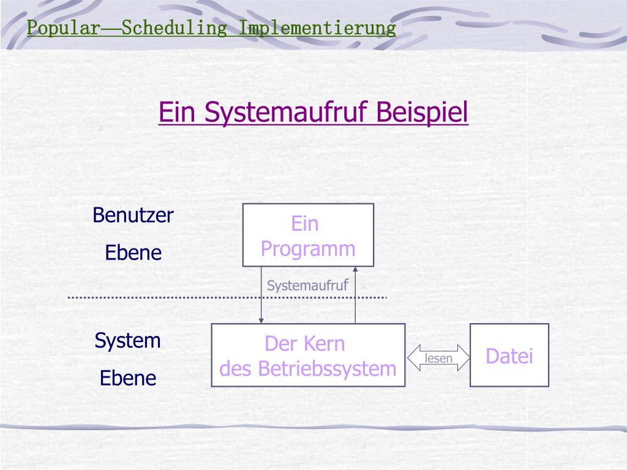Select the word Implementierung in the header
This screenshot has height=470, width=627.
click(x=317, y=28)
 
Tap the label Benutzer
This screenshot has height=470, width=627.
click(x=133, y=215)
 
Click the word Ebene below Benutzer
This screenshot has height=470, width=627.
click(x=133, y=253)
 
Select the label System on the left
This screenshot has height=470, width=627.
click(x=127, y=341)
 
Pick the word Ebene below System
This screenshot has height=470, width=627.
click(x=128, y=378)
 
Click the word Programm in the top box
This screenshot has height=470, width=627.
click(x=308, y=249)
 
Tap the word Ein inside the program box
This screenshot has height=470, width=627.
click(x=305, y=224)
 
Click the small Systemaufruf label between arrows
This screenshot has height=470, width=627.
click(x=308, y=285)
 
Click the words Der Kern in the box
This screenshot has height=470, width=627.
click(x=305, y=344)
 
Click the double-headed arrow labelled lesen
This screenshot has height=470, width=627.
click(x=438, y=359)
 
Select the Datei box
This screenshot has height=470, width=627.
click(x=509, y=356)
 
